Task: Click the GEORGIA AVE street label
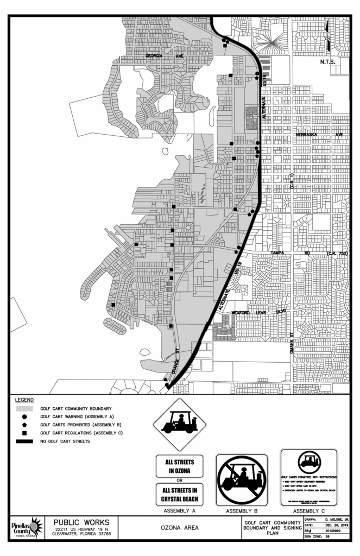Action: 166,56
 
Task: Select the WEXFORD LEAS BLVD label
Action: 258,313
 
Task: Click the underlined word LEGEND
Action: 25,400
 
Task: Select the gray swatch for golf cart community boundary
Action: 24,408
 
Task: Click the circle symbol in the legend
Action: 24,416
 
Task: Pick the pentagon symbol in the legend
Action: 24,424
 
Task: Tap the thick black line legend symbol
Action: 24,441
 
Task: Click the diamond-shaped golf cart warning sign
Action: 180,425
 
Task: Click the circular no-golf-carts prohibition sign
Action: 242,479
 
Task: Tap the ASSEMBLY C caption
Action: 308,511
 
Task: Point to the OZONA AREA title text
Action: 180,527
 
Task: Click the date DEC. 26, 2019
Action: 336,525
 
